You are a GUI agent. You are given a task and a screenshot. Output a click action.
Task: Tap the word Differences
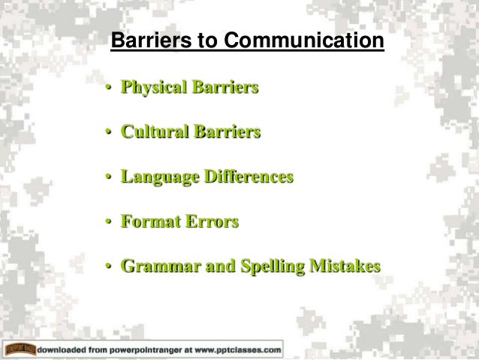click(248, 178)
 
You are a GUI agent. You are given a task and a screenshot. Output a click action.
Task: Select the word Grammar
click(156, 267)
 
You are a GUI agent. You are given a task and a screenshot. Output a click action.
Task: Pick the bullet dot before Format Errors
click(109, 223)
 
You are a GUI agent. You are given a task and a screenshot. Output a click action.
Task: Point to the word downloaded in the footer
click(71, 349)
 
